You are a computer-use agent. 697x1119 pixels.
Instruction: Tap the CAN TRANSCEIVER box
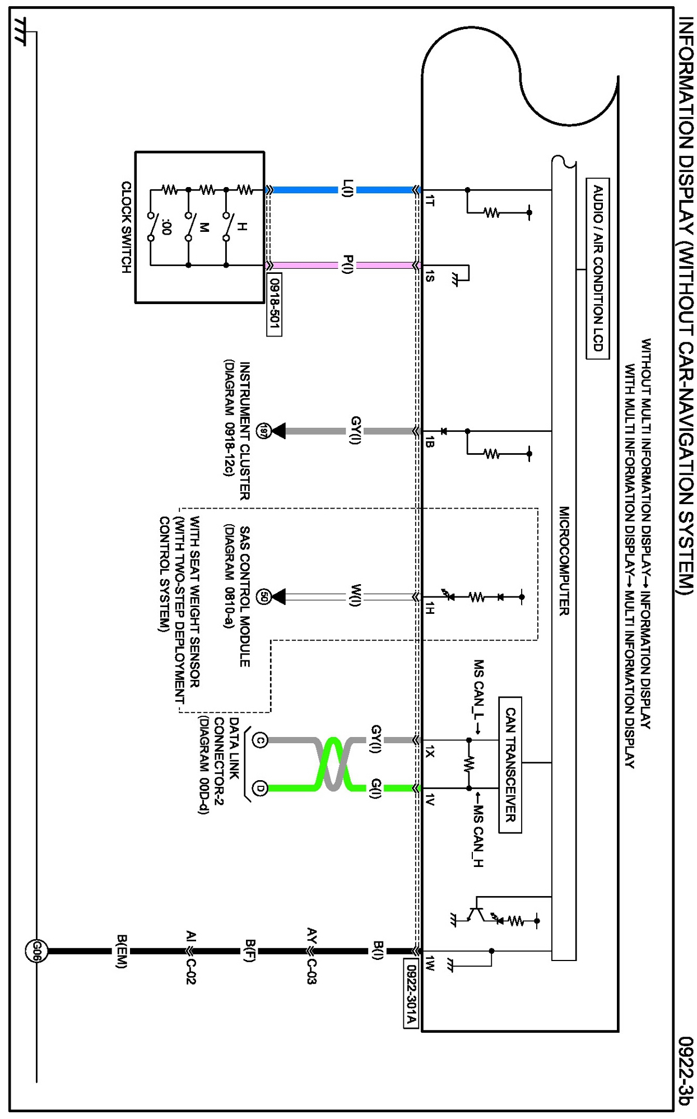[510, 765]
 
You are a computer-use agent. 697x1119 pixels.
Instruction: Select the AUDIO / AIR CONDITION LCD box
[598, 268]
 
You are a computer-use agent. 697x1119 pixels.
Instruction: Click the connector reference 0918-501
[274, 304]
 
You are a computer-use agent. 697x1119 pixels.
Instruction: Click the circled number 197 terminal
[263, 431]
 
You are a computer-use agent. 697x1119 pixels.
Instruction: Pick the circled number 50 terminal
[263, 596]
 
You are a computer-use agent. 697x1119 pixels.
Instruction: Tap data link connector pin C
[260, 740]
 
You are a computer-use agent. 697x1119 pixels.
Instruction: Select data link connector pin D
[260, 788]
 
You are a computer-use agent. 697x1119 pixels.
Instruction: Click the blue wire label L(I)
[347, 189]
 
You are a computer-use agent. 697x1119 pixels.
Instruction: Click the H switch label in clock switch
[241, 226]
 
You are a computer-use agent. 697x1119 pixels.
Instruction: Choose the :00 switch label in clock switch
[166, 227]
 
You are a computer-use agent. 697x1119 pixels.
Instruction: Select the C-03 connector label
[312, 972]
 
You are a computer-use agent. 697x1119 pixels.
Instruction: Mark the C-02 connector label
[190, 972]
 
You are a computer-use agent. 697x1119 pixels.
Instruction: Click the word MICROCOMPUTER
[564, 561]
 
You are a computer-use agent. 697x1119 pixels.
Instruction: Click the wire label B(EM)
[122, 951]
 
